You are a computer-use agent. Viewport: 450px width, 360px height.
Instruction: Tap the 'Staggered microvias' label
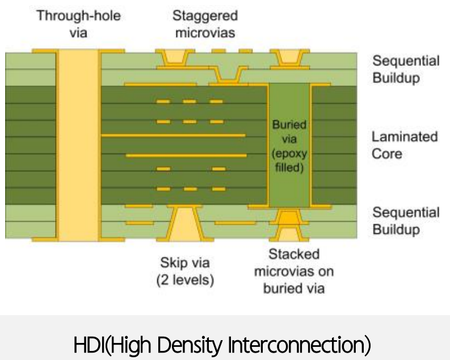pyautogui.click(x=205, y=24)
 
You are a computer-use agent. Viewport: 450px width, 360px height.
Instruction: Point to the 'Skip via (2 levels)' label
pyautogui.click(x=186, y=271)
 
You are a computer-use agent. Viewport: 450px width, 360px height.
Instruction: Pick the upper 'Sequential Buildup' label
pyautogui.click(x=406, y=69)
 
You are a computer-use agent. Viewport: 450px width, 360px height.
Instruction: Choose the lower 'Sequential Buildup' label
pyautogui.click(x=406, y=221)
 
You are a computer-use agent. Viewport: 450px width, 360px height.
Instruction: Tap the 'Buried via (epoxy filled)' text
pyautogui.click(x=289, y=145)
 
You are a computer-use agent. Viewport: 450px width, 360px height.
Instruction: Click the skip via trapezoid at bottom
pyautogui.click(x=185, y=223)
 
